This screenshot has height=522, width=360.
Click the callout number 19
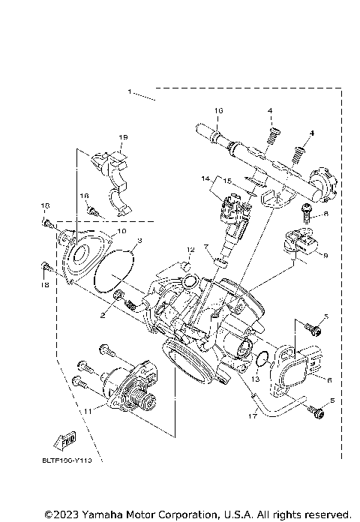point(123,137)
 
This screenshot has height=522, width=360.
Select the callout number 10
point(121,232)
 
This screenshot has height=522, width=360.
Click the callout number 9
point(325,254)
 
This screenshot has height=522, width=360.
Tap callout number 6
point(327,380)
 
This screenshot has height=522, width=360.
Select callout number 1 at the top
point(130,91)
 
